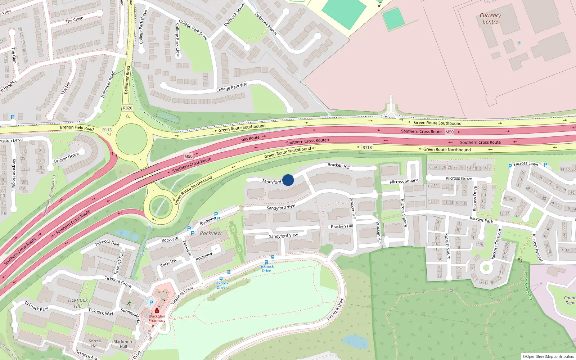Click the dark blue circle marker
click(x=288, y=180)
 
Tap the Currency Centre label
click(x=490, y=18)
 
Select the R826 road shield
click(x=127, y=108)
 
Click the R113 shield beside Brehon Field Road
click(x=107, y=130)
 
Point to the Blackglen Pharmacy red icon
click(x=157, y=310)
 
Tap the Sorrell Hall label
click(x=95, y=343)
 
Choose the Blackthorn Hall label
click(x=123, y=344)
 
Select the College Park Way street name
click(x=232, y=87)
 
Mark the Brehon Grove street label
click(x=66, y=157)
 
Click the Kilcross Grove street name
click(x=459, y=178)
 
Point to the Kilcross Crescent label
click(x=496, y=244)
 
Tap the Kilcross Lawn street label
click(x=526, y=164)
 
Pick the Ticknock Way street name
click(x=101, y=312)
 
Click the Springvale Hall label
click(x=130, y=316)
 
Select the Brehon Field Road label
click(x=77, y=127)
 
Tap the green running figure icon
click(x=129, y=303)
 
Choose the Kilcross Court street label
click(x=447, y=246)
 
